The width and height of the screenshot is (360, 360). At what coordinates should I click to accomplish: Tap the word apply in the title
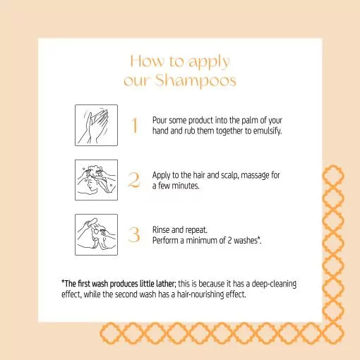click(208, 62)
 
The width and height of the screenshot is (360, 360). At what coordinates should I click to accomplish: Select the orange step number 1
click(134, 126)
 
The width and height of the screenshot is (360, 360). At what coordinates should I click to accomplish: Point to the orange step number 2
click(134, 180)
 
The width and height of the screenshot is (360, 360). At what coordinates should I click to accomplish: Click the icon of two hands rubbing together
click(96, 126)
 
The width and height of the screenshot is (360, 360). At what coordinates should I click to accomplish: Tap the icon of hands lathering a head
click(96, 180)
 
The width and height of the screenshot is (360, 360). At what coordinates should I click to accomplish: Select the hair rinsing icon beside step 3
click(96, 234)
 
